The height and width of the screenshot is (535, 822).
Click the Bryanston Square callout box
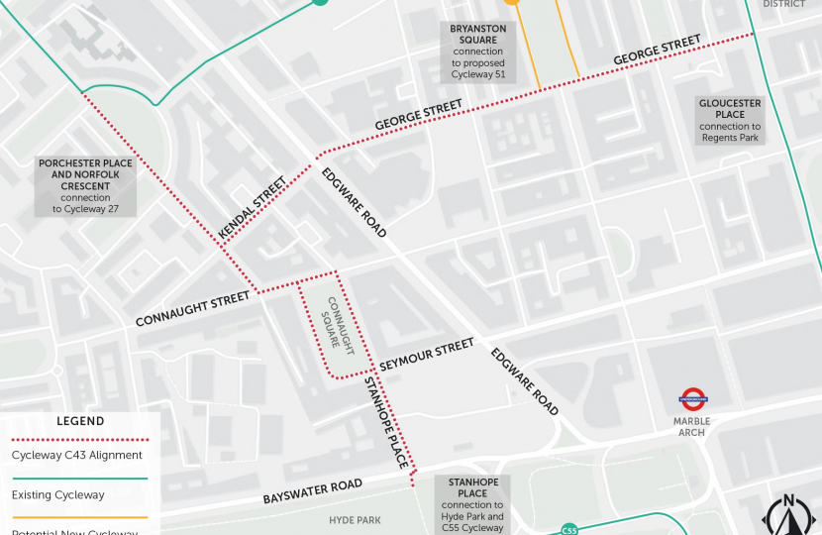point(478,52)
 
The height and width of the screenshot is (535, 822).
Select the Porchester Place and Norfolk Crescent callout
point(85,185)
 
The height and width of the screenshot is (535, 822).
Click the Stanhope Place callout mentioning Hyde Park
point(472,505)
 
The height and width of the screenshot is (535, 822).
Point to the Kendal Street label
point(252,207)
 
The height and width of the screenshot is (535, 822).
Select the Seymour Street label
point(427,352)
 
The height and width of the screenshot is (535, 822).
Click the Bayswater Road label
point(311,491)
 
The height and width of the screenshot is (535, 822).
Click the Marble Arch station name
point(692,427)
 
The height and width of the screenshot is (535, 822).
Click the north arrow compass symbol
point(788,515)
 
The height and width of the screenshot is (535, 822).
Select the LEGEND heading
point(80,421)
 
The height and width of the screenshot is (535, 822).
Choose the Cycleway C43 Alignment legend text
point(77,456)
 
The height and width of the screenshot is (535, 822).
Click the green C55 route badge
point(568,529)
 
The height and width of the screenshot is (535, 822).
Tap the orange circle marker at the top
point(511,2)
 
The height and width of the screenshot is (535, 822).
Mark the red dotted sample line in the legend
point(79,440)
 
